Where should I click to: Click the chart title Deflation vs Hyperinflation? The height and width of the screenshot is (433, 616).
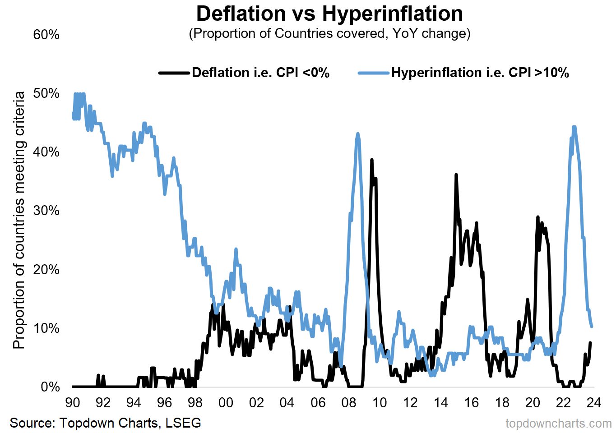pyautogui.click(x=329, y=14)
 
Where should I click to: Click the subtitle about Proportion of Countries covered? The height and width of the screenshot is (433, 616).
pyautogui.click(x=329, y=33)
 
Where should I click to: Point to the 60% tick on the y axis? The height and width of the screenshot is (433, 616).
pyautogui.click(x=46, y=35)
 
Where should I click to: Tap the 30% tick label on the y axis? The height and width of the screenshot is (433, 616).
pyautogui.click(x=46, y=211)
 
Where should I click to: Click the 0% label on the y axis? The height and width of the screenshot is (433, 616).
pyautogui.click(x=50, y=387)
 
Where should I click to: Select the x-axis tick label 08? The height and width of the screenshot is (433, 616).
pyautogui.click(x=349, y=402)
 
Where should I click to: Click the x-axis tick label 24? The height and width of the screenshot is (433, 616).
pyautogui.click(x=593, y=402)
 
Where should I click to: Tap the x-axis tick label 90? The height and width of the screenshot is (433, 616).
pyautogui.click(x=73, y=402)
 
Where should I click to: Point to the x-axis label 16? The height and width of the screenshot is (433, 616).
pyautogui.click(x=472, y=402)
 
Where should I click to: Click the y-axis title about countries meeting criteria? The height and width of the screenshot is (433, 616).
pyautogui.click(x=19, y=220)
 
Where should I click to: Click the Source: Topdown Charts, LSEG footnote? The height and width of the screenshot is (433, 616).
pyautogui.click(x=105, y=423)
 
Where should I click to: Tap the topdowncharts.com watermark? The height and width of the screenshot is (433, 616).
pyautogui.click(x=558, y=424)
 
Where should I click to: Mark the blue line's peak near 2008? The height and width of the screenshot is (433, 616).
pyautogui.click(x=358, y=134)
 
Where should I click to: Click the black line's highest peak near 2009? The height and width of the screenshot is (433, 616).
pyautogui.click(x=372, y=160)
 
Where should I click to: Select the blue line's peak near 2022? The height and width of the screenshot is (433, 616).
pyautogui.click(x=574, y=127)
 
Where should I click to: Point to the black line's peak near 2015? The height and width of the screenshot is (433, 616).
pyautogui.click(x=456, y=175)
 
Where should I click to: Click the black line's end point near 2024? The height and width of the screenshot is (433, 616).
pyautogui.click(x=591, y=343)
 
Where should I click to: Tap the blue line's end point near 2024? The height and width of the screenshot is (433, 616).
pyautogui.click(x=592, y=326)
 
